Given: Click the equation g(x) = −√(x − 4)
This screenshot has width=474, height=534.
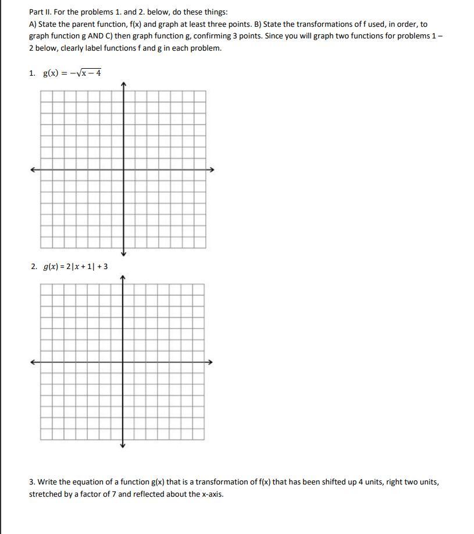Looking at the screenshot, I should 72,73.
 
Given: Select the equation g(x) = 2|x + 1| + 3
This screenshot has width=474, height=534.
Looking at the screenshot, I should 75,267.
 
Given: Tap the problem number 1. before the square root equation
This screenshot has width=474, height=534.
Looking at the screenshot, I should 33,73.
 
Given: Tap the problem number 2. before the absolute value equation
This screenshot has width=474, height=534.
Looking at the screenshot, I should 34,267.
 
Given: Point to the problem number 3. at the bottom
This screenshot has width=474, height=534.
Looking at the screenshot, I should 33,482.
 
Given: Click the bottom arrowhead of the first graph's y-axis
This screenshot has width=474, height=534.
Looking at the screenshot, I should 123,253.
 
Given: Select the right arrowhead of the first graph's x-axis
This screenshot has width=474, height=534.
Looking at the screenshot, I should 212,170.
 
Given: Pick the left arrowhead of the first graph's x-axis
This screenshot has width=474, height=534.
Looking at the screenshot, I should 34,170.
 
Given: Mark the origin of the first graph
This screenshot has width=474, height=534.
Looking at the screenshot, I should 123,170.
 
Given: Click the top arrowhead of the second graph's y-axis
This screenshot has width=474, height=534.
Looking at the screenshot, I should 122,278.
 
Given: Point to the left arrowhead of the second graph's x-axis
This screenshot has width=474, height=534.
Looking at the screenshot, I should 34,362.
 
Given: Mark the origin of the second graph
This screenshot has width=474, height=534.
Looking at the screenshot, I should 122,362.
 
